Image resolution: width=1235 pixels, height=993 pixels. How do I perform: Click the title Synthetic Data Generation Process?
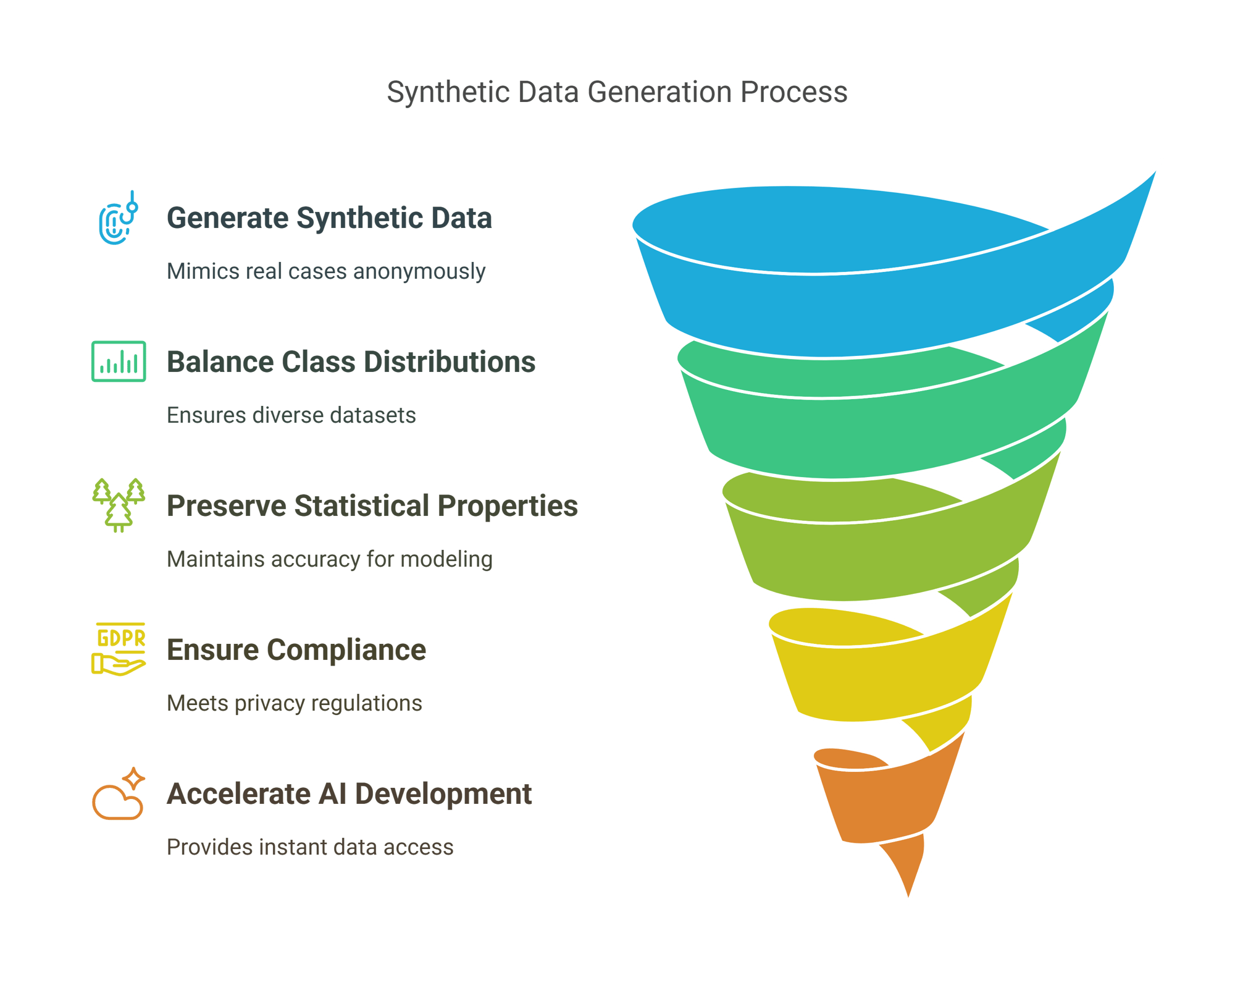[x=617, y=93]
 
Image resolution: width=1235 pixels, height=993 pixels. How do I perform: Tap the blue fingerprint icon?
[x=118, y=219]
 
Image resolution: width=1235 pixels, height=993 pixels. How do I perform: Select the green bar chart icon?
[x=119, y=361]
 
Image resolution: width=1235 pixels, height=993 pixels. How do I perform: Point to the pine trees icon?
[x=119, y=505]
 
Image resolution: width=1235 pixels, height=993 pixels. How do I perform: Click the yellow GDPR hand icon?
[x=119, y=649]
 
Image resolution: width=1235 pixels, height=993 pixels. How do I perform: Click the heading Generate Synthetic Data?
[x=329, y=218]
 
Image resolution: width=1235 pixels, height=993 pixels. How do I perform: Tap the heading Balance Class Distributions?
[x=351, y=362]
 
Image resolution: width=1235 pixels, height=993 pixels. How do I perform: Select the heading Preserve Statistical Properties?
[x=372, y=506]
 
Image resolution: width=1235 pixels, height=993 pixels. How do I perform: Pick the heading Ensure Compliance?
[x=296, y=650]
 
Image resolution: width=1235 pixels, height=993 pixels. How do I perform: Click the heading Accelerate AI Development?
[x=349, y=794]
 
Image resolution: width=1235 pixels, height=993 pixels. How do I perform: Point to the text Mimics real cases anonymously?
[x=326, y=271]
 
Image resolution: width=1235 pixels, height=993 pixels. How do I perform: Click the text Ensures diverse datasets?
[x=291, y=415]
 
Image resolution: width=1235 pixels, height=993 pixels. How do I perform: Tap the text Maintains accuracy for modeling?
[x=330, y=559]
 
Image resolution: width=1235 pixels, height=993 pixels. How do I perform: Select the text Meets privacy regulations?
[x=295, y=703]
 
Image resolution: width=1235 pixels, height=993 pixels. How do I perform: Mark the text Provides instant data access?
[x=310, y=847]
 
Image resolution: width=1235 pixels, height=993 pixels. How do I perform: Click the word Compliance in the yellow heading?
[x=346, y=650]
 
